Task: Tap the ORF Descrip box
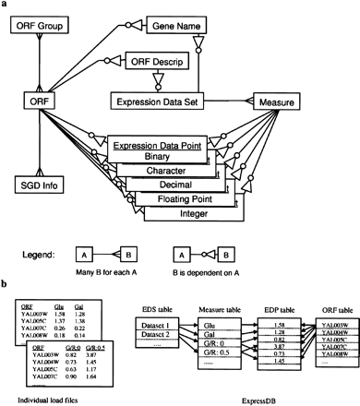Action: [x=146, y=63]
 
